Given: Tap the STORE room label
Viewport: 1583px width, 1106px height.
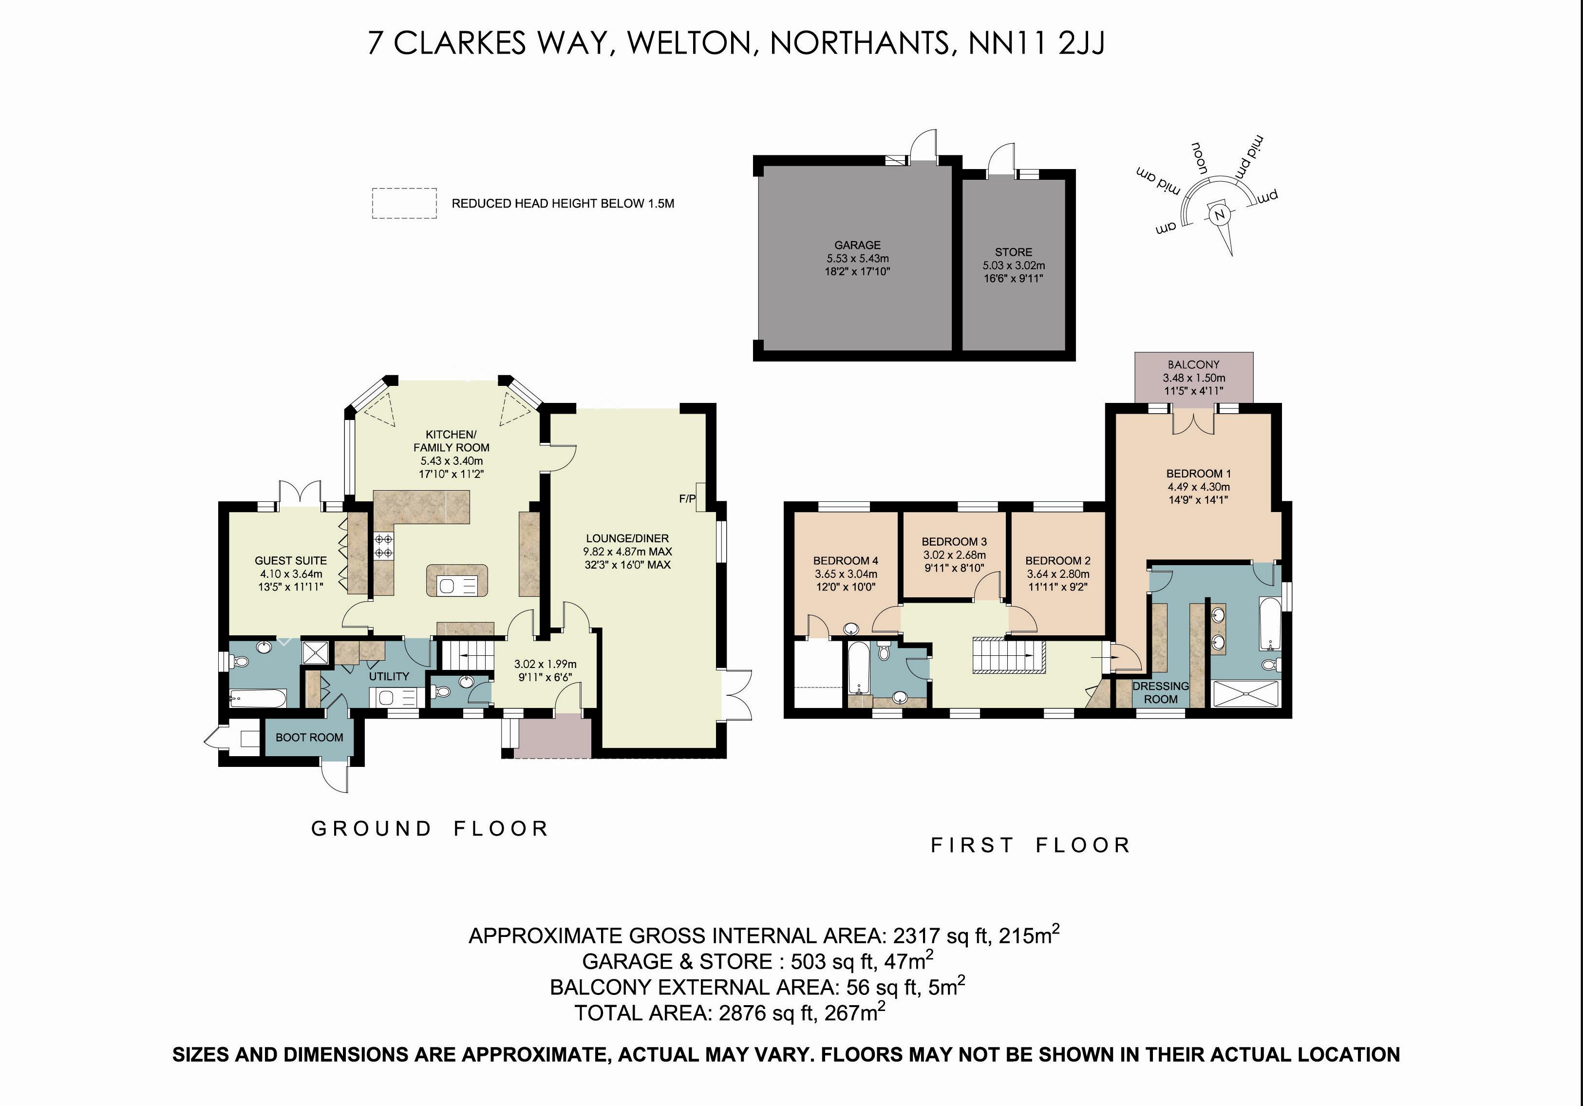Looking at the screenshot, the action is pyautogui.click(x=1014, y=252).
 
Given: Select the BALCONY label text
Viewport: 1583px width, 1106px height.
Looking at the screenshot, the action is pyautogui.click(x=1193, y=364).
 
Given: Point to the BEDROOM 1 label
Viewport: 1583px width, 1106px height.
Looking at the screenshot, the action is pyautogui.click(x=1198, y=474).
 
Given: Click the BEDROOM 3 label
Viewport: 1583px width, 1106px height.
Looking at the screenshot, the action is pyautogui.click(x=954, y=542).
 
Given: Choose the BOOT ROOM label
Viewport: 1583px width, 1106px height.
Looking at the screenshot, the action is pyautogui.click(x=309, y=737).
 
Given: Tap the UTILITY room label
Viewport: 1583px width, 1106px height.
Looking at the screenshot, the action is pyautogui.click(x=389, y=676).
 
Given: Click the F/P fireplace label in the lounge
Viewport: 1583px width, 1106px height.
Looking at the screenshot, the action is pyautogui.click(x=687, y=498).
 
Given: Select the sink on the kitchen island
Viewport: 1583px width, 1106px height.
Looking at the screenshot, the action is pyautogui.click(x=447, y=586).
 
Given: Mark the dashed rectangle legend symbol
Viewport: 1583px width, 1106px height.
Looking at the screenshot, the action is pyautogui.click(x=404, y=203).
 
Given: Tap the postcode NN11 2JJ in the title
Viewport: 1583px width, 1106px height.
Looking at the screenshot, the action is pyautogui.click(x=1036, y=43).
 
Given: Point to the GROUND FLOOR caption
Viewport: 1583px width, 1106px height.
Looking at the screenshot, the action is pyautogui.click(x=430, y=828).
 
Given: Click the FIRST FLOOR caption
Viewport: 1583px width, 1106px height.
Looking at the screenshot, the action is pyautogui.click(x=1031, y=845).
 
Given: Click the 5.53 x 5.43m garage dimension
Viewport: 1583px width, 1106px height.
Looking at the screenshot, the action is pyautogui.click(x=858, y=259).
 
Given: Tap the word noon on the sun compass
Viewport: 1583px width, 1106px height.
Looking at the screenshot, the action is pyautogui.click(x=1200, y=158).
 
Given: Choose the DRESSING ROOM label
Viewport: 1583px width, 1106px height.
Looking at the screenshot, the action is pyautogui.click(x=1161, y=692).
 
